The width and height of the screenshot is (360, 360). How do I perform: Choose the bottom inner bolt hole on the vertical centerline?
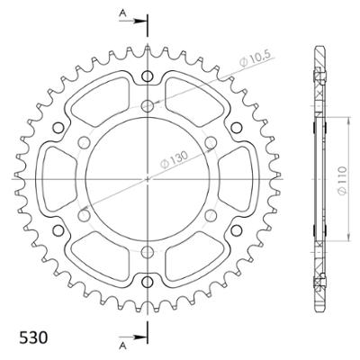147,251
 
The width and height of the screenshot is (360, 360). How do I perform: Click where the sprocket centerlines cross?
147,178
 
